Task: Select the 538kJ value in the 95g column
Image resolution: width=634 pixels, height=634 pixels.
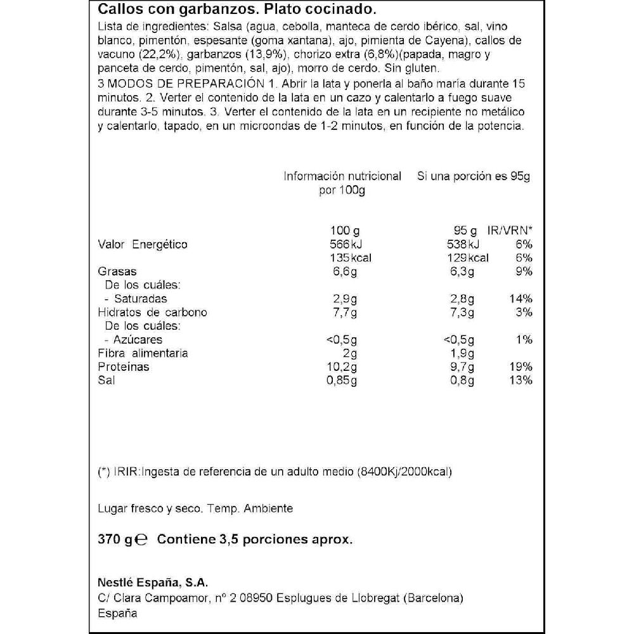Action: [x=465, y=245]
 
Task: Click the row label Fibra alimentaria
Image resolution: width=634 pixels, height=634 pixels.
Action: [x=143, y=353]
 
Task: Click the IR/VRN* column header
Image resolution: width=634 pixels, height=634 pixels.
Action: [x=510, y=231]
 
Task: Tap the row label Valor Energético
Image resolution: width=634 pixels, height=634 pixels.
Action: [x=143, y=245]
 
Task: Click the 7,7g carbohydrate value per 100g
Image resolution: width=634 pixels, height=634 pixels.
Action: [x=345, y=312]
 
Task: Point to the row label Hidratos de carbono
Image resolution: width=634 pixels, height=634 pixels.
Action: [x=153, y=312]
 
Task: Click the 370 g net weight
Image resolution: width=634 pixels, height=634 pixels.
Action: [x=115, y=540]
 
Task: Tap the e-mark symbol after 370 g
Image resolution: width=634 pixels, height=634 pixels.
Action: [x=142, y=540]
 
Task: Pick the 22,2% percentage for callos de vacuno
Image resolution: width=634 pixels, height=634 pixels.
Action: [x=158, y=55]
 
